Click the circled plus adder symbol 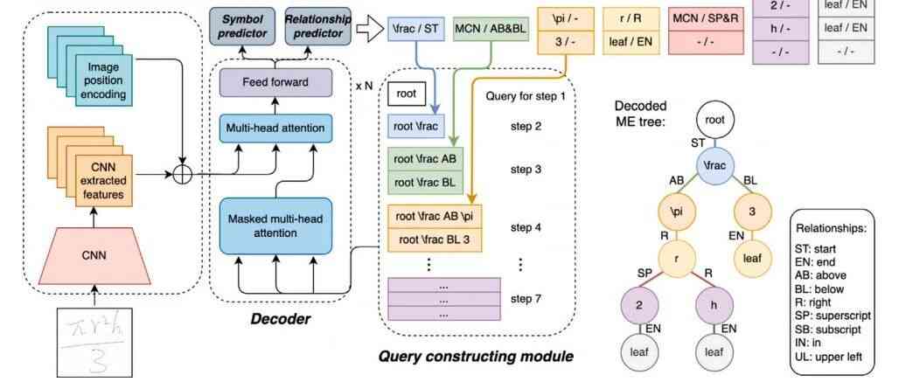(182, 174)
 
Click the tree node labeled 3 (751, 212)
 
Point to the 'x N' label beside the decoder (365, 87)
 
